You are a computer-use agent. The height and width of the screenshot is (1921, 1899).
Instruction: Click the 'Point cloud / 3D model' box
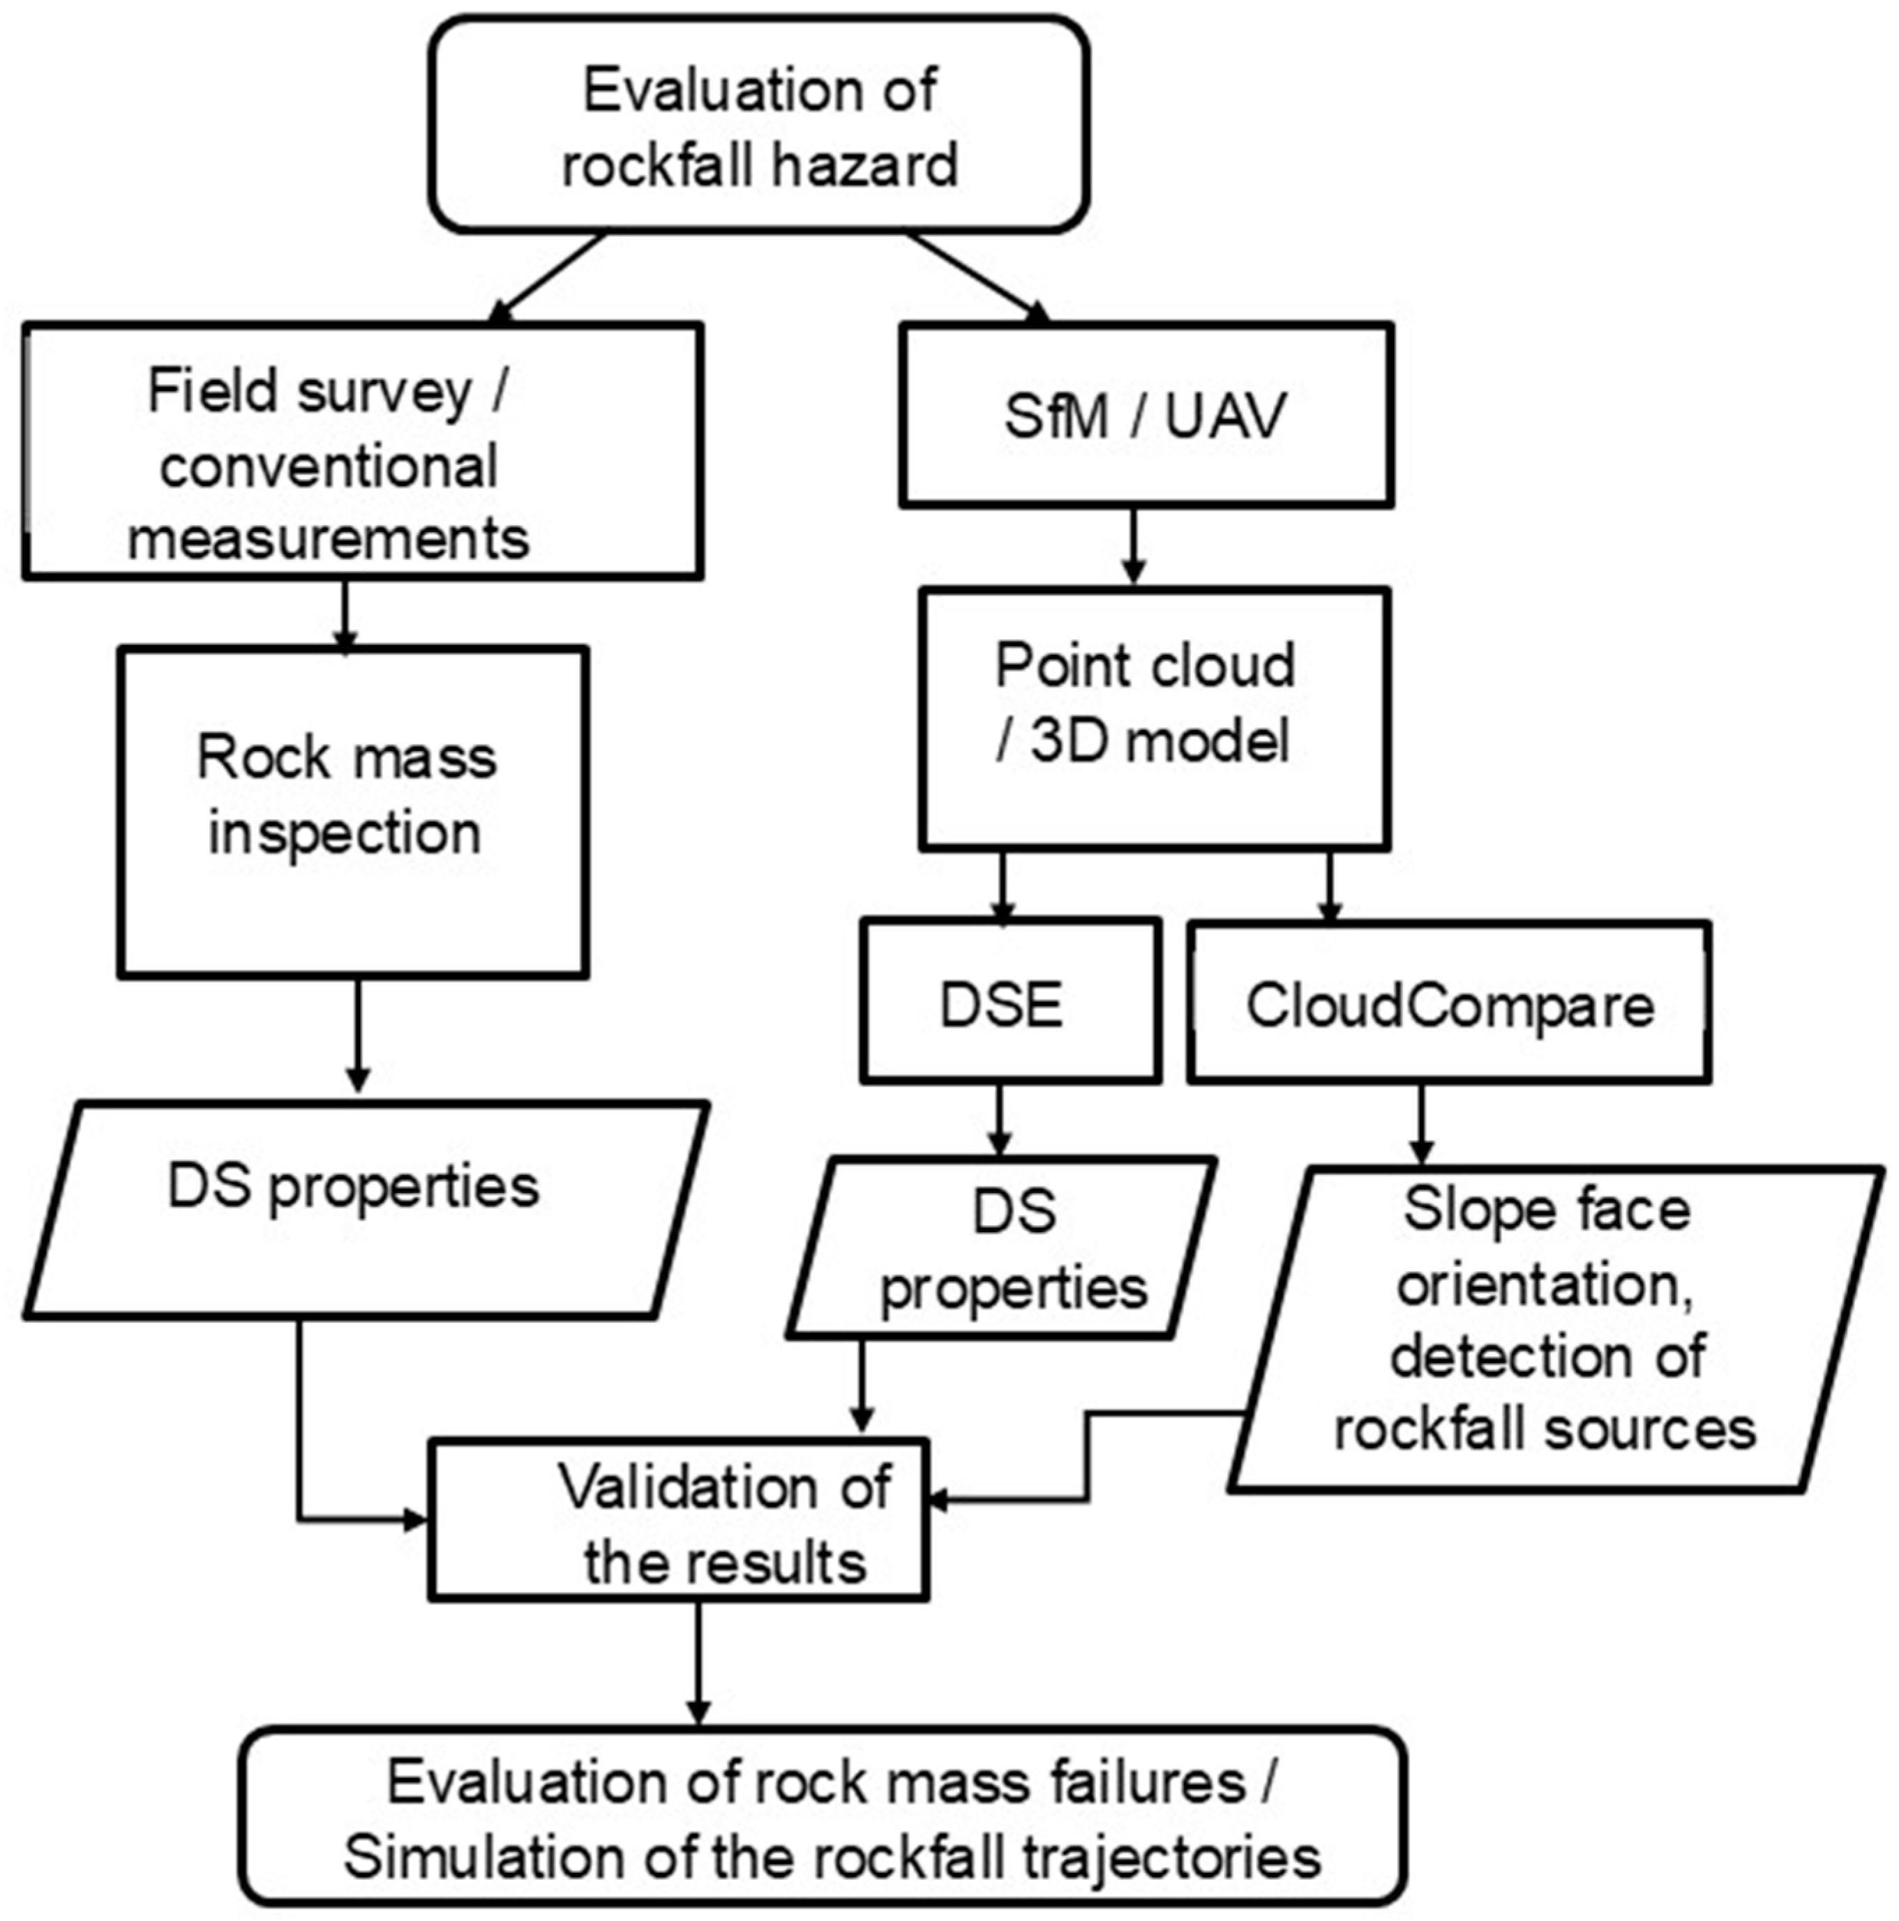pyautogui.click(x=1153, y=719)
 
